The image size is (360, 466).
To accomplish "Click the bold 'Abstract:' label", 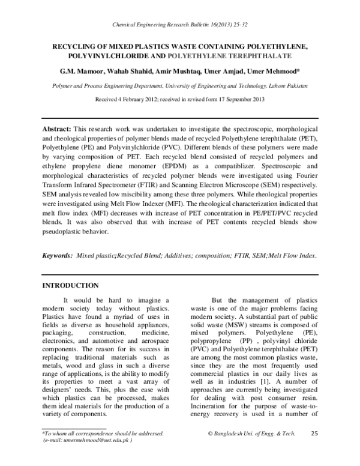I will pos(56,130).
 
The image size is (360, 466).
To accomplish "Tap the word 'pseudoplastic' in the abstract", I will pos(65,231).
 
